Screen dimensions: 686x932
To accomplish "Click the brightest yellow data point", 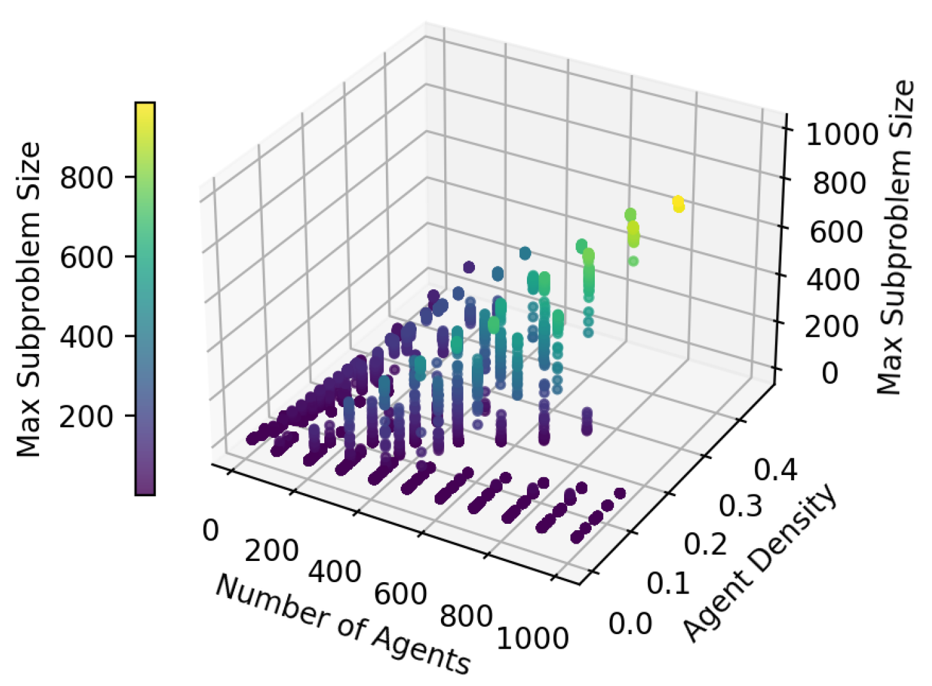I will click(x=678, y=205).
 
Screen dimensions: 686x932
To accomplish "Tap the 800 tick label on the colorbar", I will click(x=87, y=178).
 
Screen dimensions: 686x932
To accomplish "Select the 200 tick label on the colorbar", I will click(x=87, y=417).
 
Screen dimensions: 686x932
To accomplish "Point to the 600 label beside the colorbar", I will click(x=87, y=257).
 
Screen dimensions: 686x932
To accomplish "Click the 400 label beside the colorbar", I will click(x=87, y=337).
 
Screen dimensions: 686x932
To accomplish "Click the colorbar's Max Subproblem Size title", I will click(x=29, y=299).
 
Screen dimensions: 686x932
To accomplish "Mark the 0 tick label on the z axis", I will click(x=830, y=372).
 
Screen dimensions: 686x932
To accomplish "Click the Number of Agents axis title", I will click(x=343, y=624).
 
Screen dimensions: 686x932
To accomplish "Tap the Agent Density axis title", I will click(x=760, y=563).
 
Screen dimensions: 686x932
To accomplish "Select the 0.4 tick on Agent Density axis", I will click(x=776, y=471).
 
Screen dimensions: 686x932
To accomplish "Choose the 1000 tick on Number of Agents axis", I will click(x=533, y=639).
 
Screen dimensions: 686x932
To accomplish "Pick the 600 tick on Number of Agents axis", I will click(x=401, y=594).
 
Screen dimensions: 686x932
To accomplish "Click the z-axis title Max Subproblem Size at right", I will click(x=895, y=237).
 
